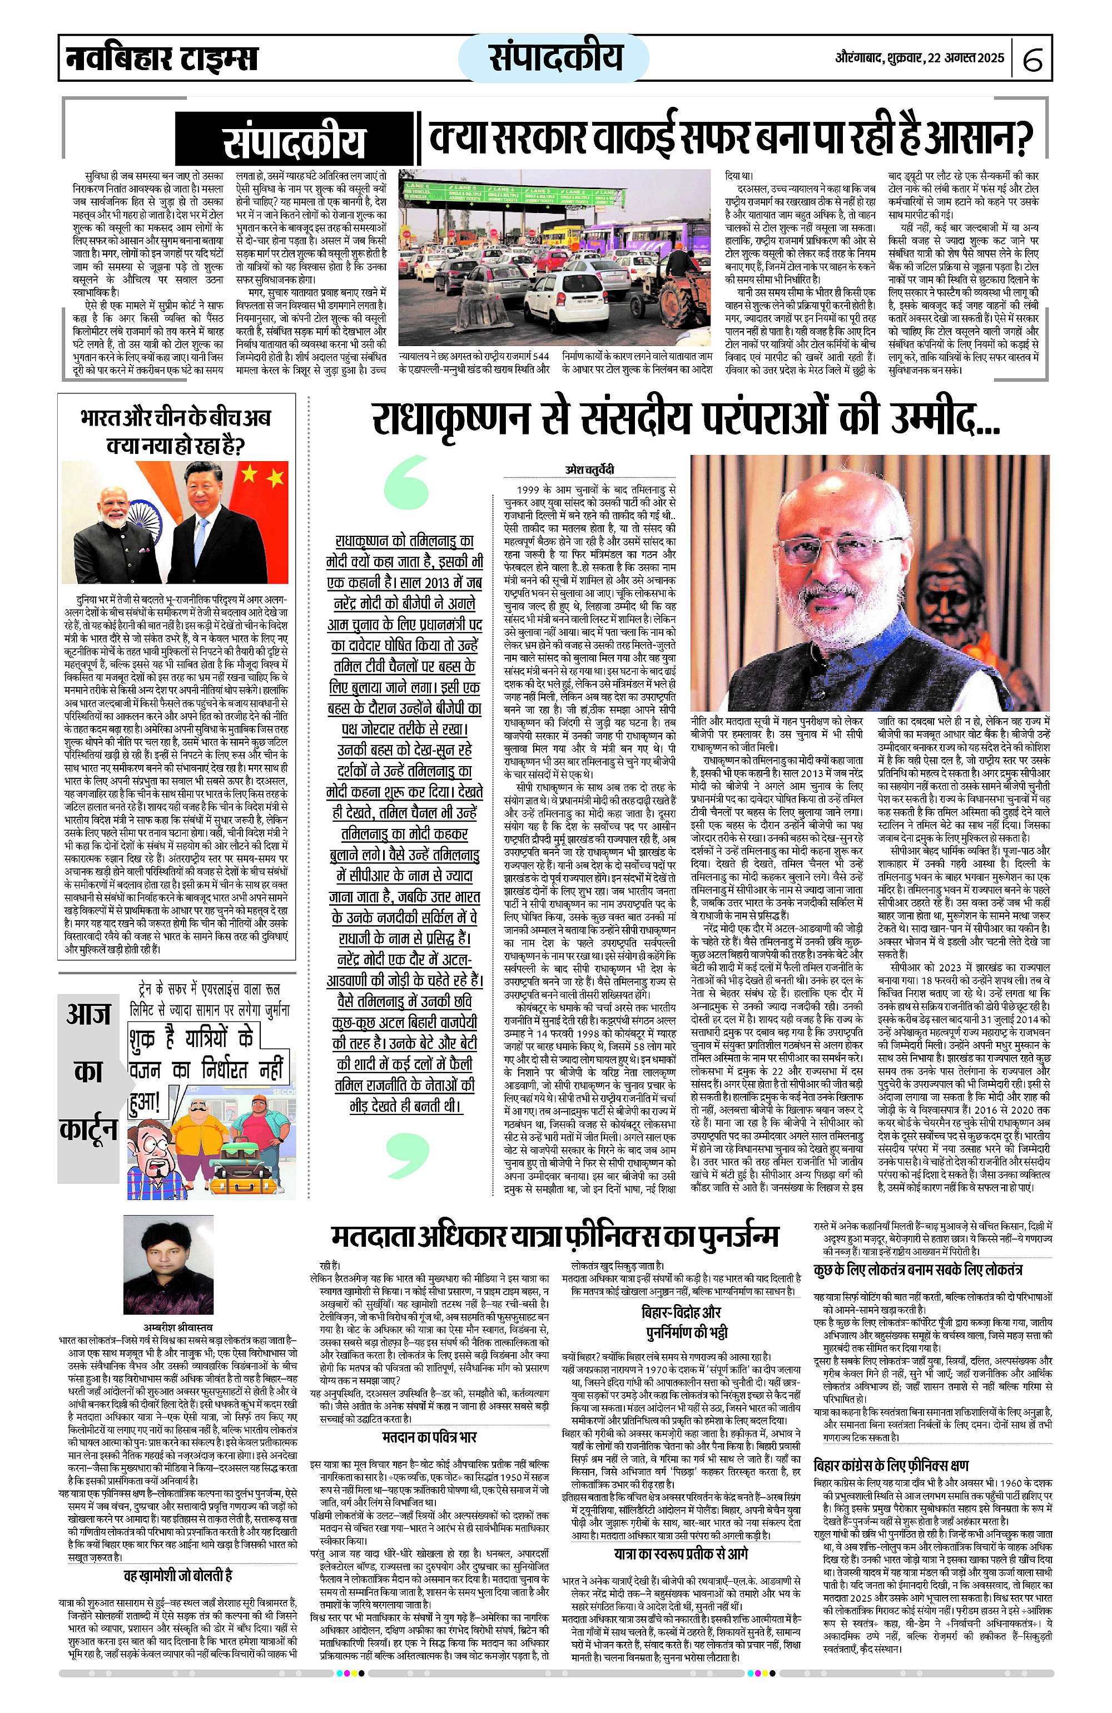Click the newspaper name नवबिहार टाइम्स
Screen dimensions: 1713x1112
click(x=161, y=57)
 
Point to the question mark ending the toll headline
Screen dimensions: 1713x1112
click(x=1021, y=137)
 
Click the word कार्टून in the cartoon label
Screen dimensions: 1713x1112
click(x=88, y=1129)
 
